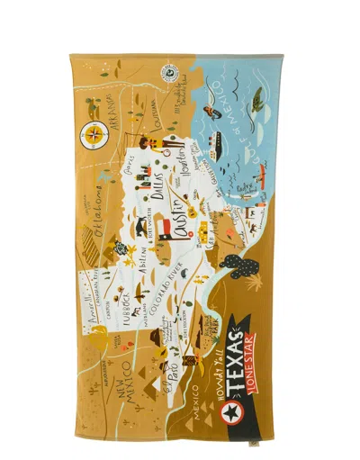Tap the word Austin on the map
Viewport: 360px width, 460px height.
point(172,215)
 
